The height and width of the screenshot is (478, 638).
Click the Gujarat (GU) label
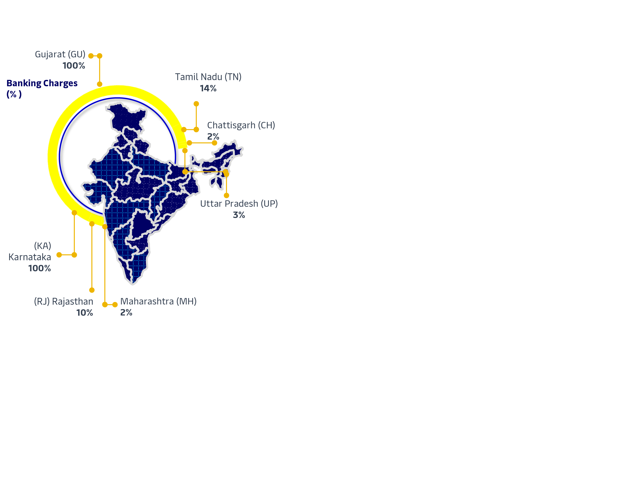(x=60, y=54)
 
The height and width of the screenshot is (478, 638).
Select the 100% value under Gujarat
(x=74, y=66)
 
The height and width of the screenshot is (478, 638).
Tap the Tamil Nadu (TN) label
(x=208, y=77)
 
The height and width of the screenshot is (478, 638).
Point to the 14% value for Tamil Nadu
(x=208, y=88)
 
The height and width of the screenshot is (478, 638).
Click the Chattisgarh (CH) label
(x=241, y=125)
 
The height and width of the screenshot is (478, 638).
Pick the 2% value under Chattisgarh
(x=213, y=136)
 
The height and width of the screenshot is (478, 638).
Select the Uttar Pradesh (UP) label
(x=239, y=204)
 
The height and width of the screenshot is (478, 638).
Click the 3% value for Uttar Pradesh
(x=239, y=215)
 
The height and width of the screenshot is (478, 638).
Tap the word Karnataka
(x=30, y=257)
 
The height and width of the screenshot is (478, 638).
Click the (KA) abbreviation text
(x=43, y=246)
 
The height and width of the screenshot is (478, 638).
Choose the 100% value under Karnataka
(x=40, y=268)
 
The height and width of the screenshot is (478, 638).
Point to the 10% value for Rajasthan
(x=84, y=313)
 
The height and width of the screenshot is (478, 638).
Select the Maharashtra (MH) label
(x=158, y=301)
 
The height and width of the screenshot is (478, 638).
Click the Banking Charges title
(x=42, y=83)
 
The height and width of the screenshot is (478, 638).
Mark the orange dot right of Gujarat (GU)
(x=91, y=56)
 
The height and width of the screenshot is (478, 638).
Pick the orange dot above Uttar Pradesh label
(x=226, y=196)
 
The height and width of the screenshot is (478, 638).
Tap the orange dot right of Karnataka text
(x=59, y=255)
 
